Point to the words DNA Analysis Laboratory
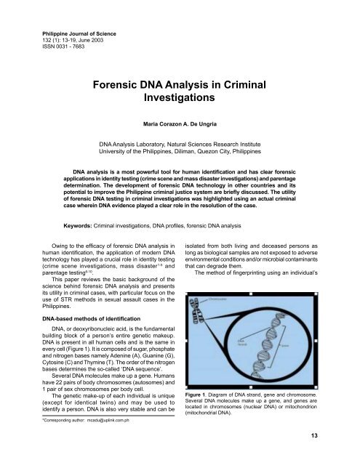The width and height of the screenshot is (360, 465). click(141, 145)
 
